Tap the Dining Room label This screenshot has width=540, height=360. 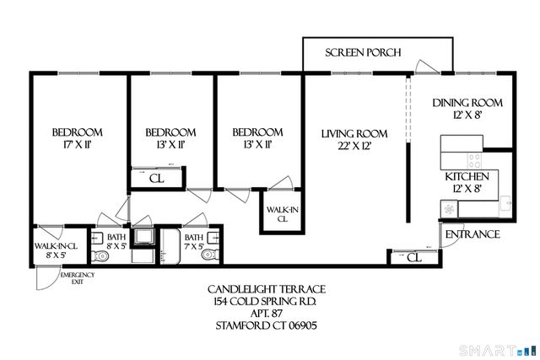coord(467,103)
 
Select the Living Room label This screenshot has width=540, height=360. coord(354,133)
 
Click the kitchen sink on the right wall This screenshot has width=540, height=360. coord(504,202)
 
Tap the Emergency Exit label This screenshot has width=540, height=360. coord(76,279)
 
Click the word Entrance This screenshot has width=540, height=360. coord(472,234)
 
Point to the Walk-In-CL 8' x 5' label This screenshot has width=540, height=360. coord(56,250)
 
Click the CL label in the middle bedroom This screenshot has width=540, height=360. coord(156,178)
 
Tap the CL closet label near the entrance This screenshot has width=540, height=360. coord(413,257)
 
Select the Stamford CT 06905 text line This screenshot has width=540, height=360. coord(268,325)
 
